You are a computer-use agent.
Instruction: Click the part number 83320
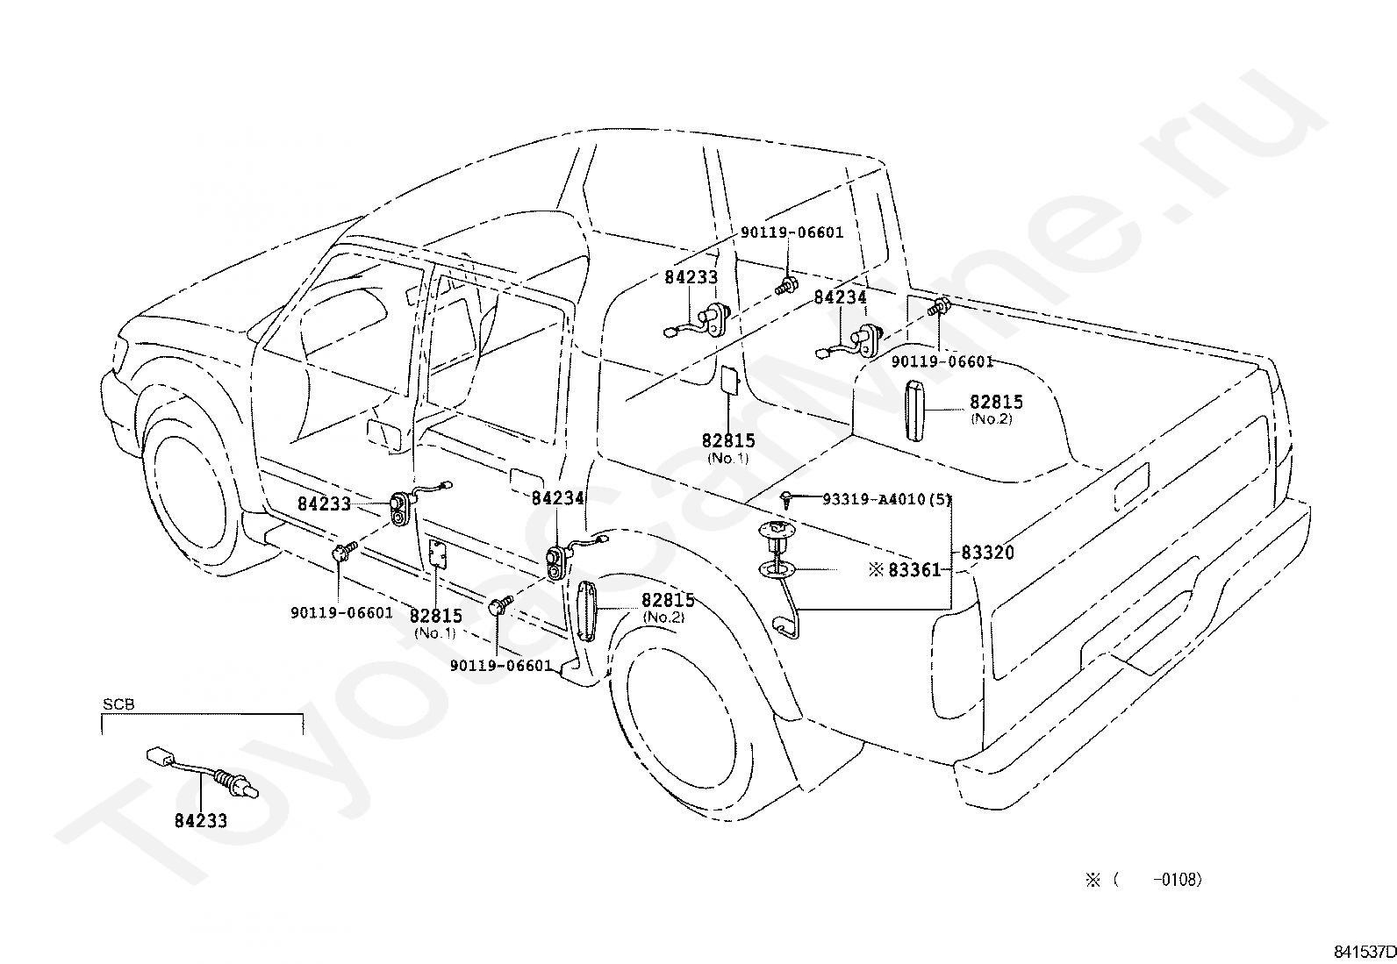(987, 553)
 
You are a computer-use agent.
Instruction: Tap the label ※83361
(905, 570)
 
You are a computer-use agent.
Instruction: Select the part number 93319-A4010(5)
(887, 499)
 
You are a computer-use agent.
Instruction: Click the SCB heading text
(118, 704)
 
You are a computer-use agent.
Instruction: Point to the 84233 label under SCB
(201, 821)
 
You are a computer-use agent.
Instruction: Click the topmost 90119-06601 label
(792, 232)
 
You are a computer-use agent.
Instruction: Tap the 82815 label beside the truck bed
(996, 403)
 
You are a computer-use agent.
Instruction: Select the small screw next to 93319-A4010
(787, 499)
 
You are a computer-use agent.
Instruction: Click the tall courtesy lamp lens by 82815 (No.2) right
(915, 410)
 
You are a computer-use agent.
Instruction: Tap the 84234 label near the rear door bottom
(557, 498)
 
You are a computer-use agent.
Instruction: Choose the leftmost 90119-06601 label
(341, 613)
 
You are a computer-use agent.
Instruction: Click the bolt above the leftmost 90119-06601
(345, 551)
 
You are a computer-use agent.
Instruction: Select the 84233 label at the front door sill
(325, 503)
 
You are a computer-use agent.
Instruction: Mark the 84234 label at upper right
(840, 297)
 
